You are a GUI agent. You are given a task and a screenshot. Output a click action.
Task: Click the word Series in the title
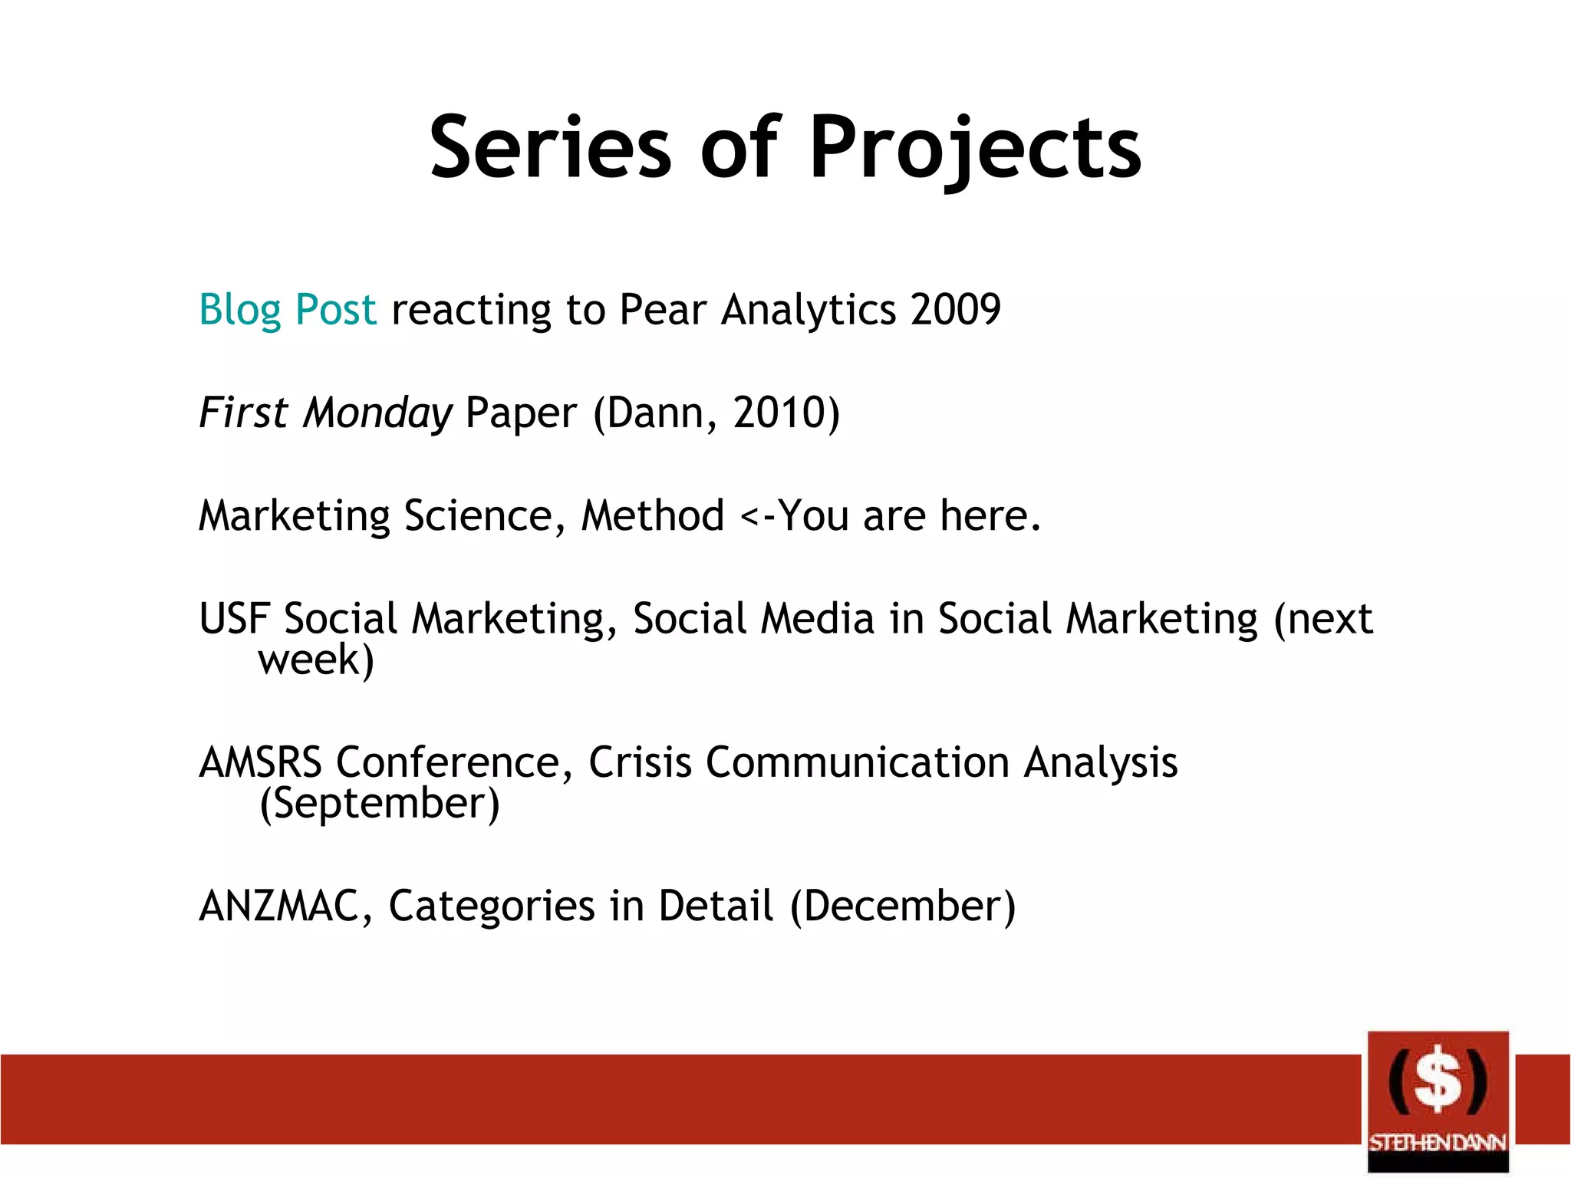pyautogui.click(x=550, y=147)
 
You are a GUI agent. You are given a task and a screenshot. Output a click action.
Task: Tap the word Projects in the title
pyautogui.click(x=975, y=147)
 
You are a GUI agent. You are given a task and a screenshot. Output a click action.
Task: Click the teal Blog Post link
pyautogui.click(x=288, y=310)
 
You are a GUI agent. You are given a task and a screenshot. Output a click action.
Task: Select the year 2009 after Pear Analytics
pyautogui.click(x=956, y=310)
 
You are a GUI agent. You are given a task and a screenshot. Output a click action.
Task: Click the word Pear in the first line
pyautogui.click(x=662, y=310)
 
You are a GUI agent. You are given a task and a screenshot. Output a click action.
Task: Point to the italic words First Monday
pyautogui.click(x=325, y=413)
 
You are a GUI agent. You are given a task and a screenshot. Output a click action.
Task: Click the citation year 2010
pyautogui.click(x=778, y=413)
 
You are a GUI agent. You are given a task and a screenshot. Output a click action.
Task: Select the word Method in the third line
pyautogui.click(x=653, y=515)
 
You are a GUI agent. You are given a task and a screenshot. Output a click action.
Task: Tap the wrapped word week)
pyautogui.click(x=316, y=660)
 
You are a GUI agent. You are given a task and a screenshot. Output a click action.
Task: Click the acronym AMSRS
pyautogui.click(x=261, y=762)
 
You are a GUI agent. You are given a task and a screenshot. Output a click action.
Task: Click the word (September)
pyautogui.click(x=380, y=804)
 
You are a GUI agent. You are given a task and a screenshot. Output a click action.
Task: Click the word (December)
pyautogui.click(x=903, y=906)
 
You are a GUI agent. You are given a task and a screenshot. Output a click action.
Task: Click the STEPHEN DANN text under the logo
pyautogui.click(x=1438, y=1143)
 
